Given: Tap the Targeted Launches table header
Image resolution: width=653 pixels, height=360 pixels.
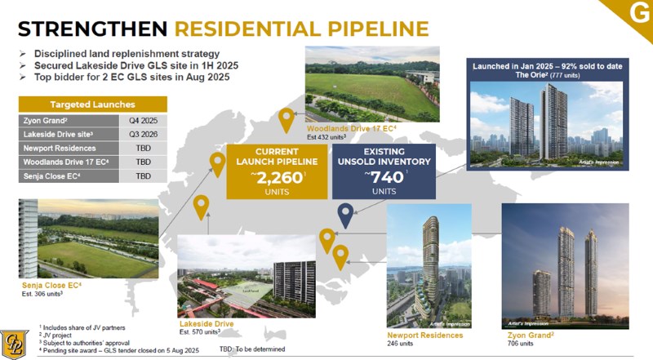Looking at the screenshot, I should (93, 104).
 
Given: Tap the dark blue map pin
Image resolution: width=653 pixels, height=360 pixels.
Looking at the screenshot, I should (345, 216).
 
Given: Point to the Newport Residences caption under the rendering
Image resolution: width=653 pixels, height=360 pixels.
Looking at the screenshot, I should (425, 335).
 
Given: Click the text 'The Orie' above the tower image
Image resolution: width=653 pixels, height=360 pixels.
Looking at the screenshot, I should (515, 75).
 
